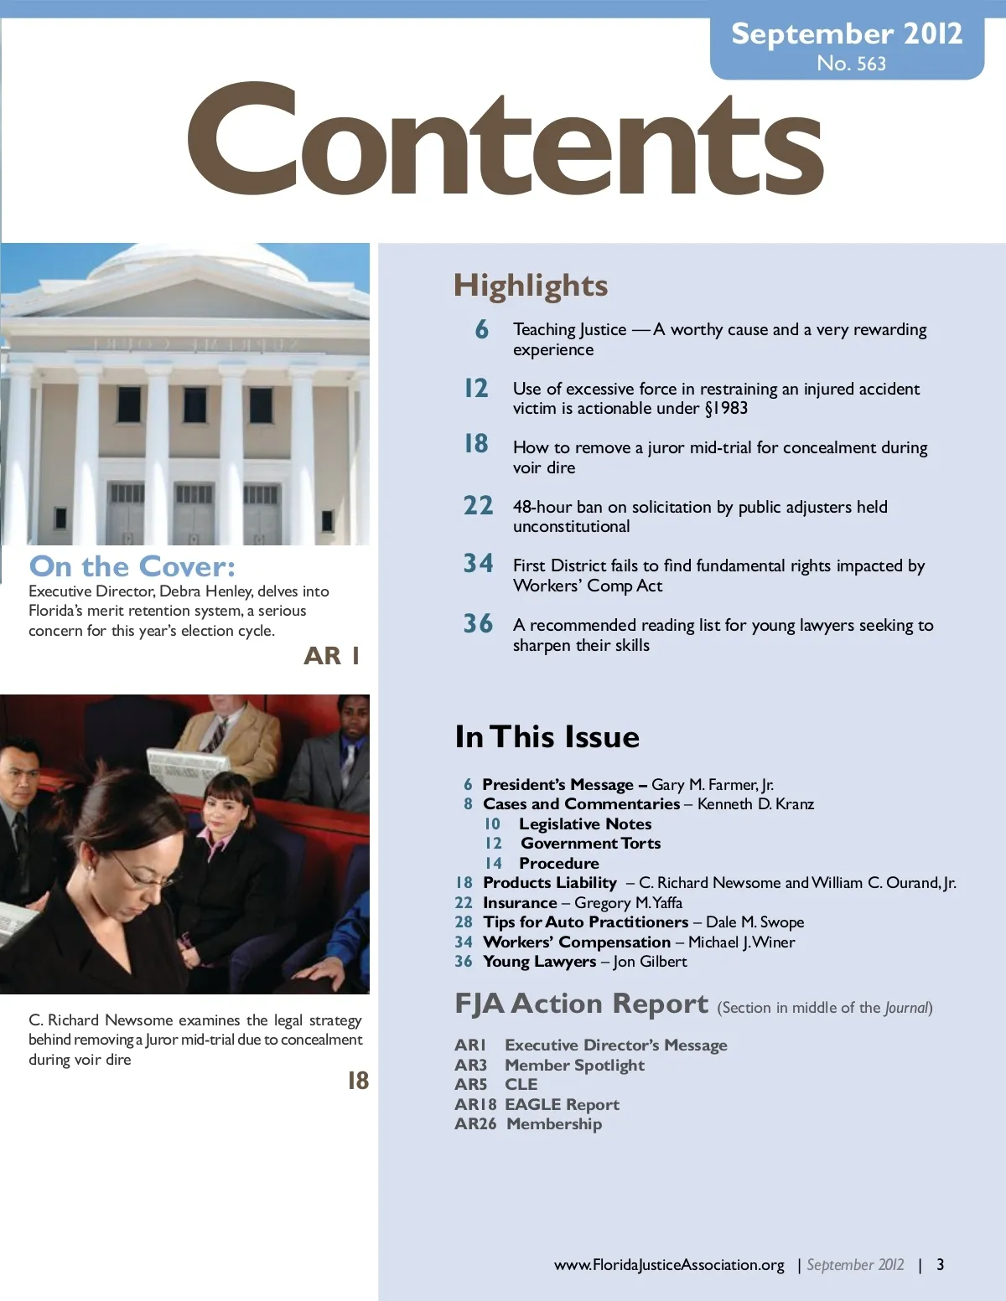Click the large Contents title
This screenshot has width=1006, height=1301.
(x=506, y=140)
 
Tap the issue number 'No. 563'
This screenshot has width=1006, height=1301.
(x=851, y=64)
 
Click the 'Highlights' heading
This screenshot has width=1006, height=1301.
(x=531, y=286)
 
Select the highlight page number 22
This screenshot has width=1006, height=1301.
(x=478, y=506)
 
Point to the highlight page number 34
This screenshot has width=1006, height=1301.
(x=478, y=563)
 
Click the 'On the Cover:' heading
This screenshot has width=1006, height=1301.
(x=132, y=566)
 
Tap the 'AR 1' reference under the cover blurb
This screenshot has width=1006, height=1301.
(x=332, y=656)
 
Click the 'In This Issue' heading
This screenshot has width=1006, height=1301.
(x=547, y=737)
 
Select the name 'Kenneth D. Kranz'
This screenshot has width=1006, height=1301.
(x=755, y=804)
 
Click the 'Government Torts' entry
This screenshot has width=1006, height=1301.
(x=590, y=844)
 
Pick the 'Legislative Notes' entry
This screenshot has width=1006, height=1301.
(x=584, y=824)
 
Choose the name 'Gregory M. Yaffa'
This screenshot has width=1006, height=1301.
(x=628, y=903)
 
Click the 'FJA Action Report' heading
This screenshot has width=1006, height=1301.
(x=581, y=1004)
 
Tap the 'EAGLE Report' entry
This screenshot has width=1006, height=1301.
(x=562, y=1105)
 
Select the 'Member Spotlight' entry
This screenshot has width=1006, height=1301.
(x=574, y=1066)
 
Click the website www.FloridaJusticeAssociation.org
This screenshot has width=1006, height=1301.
(x=669, y=1265)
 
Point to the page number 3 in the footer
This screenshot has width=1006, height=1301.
(x=940, y=1265)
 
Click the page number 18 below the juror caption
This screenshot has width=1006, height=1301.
(x=358, y=1082)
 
